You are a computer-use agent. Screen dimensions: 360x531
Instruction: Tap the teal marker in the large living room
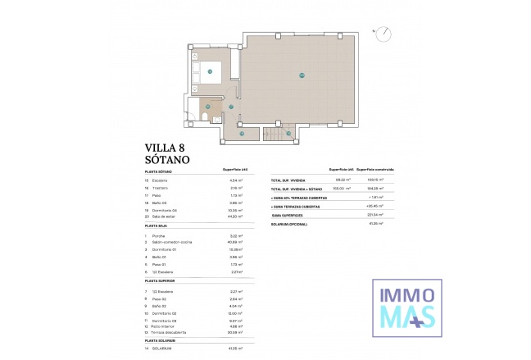[x=302, y=75]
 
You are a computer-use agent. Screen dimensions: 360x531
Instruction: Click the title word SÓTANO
[x=168, y=160]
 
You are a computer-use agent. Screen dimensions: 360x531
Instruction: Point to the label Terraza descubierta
[x=169, y=332]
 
